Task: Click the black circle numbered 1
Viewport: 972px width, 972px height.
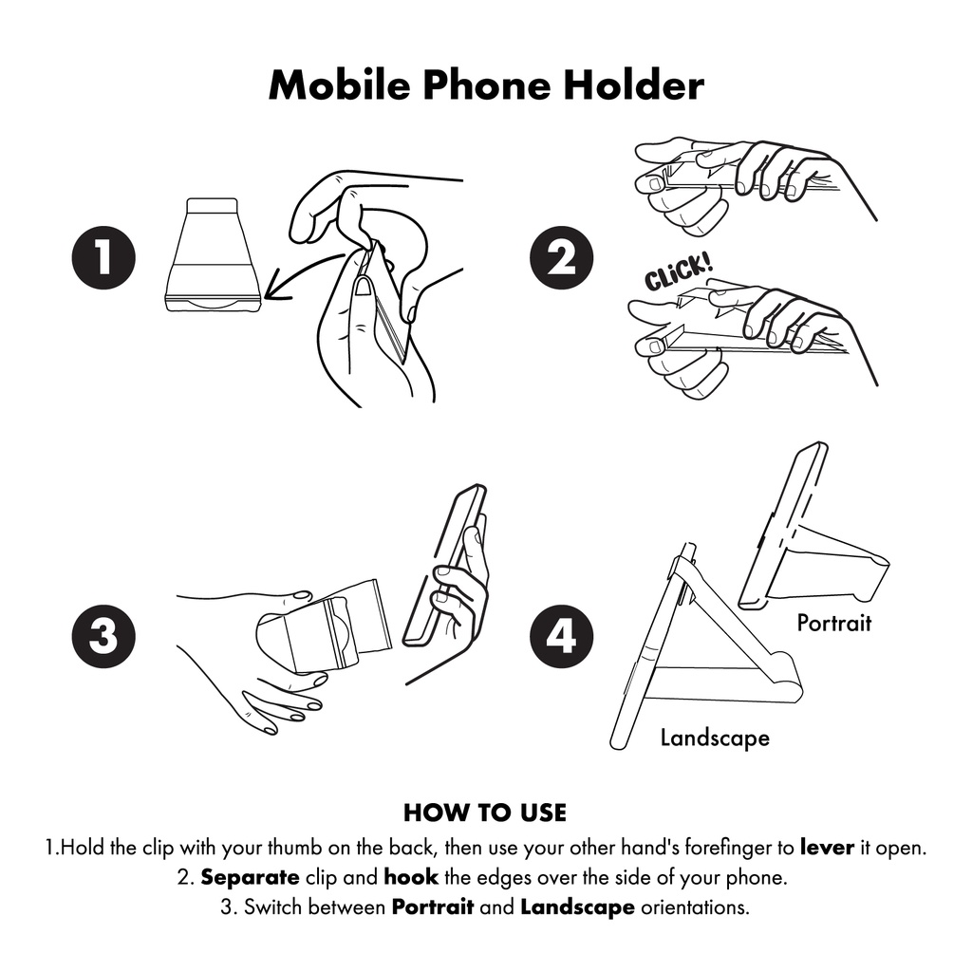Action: [103, 257]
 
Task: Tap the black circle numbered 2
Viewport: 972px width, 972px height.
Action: [564, 257]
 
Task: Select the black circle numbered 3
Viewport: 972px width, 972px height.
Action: [103, 635]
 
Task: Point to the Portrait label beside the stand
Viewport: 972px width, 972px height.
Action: [833, 624]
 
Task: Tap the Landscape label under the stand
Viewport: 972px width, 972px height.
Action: [715, 738]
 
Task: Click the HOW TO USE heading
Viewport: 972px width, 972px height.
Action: [485, 813]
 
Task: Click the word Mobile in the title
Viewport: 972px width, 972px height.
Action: [338, 85]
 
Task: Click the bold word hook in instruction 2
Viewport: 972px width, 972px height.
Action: [410, 877]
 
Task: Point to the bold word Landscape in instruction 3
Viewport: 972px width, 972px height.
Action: [577, 907]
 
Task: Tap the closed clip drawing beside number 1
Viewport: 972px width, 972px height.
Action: [212, 256]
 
